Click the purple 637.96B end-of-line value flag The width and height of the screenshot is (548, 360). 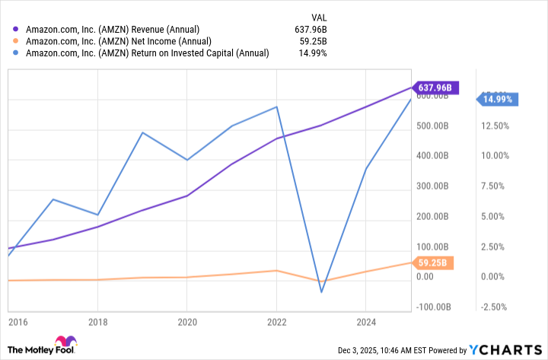coord(435,88)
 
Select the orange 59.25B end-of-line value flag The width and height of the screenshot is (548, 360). coord(435,263)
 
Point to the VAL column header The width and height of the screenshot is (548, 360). coord(320,14)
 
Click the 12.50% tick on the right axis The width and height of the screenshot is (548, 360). coord(499,126)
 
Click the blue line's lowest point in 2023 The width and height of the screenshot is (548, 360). coord(321,292)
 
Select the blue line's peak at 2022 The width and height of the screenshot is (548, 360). coord(277,107)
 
